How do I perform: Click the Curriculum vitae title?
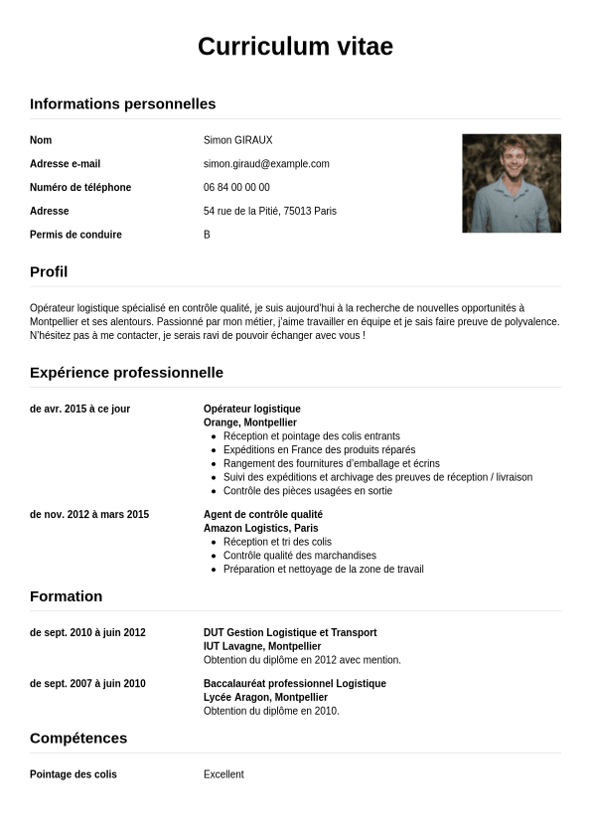[295, 47]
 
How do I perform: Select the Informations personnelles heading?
[122, 103]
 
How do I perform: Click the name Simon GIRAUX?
[237, 140]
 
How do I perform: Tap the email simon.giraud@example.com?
[266, 164]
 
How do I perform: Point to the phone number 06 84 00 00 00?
[236, 187]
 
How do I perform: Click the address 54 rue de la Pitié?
[269, 211]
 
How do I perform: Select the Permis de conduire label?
[75, 235]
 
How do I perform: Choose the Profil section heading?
[49, 271]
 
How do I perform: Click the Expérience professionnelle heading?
[126, 373]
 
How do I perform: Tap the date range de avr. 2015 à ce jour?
[79, 409]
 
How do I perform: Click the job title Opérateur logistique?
[251, 409]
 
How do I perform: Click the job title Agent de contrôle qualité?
[262, 514]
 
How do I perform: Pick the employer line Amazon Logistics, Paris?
[260, 528]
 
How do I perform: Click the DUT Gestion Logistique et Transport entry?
[290, 632]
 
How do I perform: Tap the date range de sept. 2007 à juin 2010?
[87, 683]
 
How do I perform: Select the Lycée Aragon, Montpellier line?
[265, 697]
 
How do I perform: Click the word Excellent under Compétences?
[223, 774]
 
